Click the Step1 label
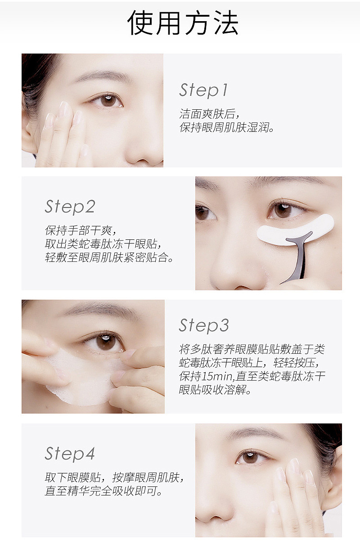pyautogui.click(x=204, y=90)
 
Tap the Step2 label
pyautogui.click(x=70, y=207)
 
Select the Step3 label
pyautogui.click(x=204, y=325)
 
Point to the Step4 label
pyautogui.click(x=70, y=453)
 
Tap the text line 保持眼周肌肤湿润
pyautogui.click(x=227, y=127)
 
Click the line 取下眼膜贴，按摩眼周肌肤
pyautogui.click(x=114, y=477)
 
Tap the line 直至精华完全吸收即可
pyautogui.click(x=103, y=491)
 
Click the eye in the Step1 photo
pyautogui.click(x=108, y=100)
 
